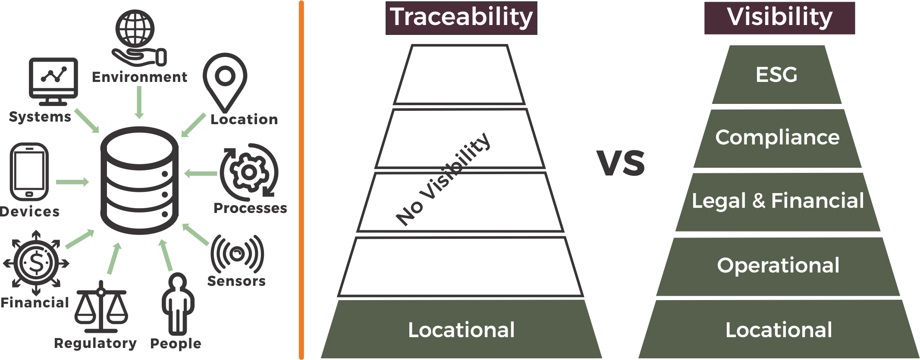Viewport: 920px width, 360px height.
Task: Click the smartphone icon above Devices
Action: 29,172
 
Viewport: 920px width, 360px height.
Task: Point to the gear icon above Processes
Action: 249,172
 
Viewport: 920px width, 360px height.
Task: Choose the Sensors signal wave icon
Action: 237,254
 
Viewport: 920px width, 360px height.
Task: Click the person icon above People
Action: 178,304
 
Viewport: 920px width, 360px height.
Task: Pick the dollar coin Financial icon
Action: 36,263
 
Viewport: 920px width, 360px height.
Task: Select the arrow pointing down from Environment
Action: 139,102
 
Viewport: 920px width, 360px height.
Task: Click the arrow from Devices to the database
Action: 72,182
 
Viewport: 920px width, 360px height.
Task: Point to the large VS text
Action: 621,163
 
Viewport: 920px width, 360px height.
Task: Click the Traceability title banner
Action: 461,18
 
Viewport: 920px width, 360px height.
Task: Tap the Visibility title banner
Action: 779,18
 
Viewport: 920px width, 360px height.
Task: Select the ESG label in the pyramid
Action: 776,75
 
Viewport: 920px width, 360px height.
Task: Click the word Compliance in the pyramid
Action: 777,138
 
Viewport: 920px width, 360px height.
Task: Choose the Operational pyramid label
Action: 778,266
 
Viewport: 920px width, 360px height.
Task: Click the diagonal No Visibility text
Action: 443,179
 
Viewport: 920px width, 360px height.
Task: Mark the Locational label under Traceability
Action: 461,330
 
